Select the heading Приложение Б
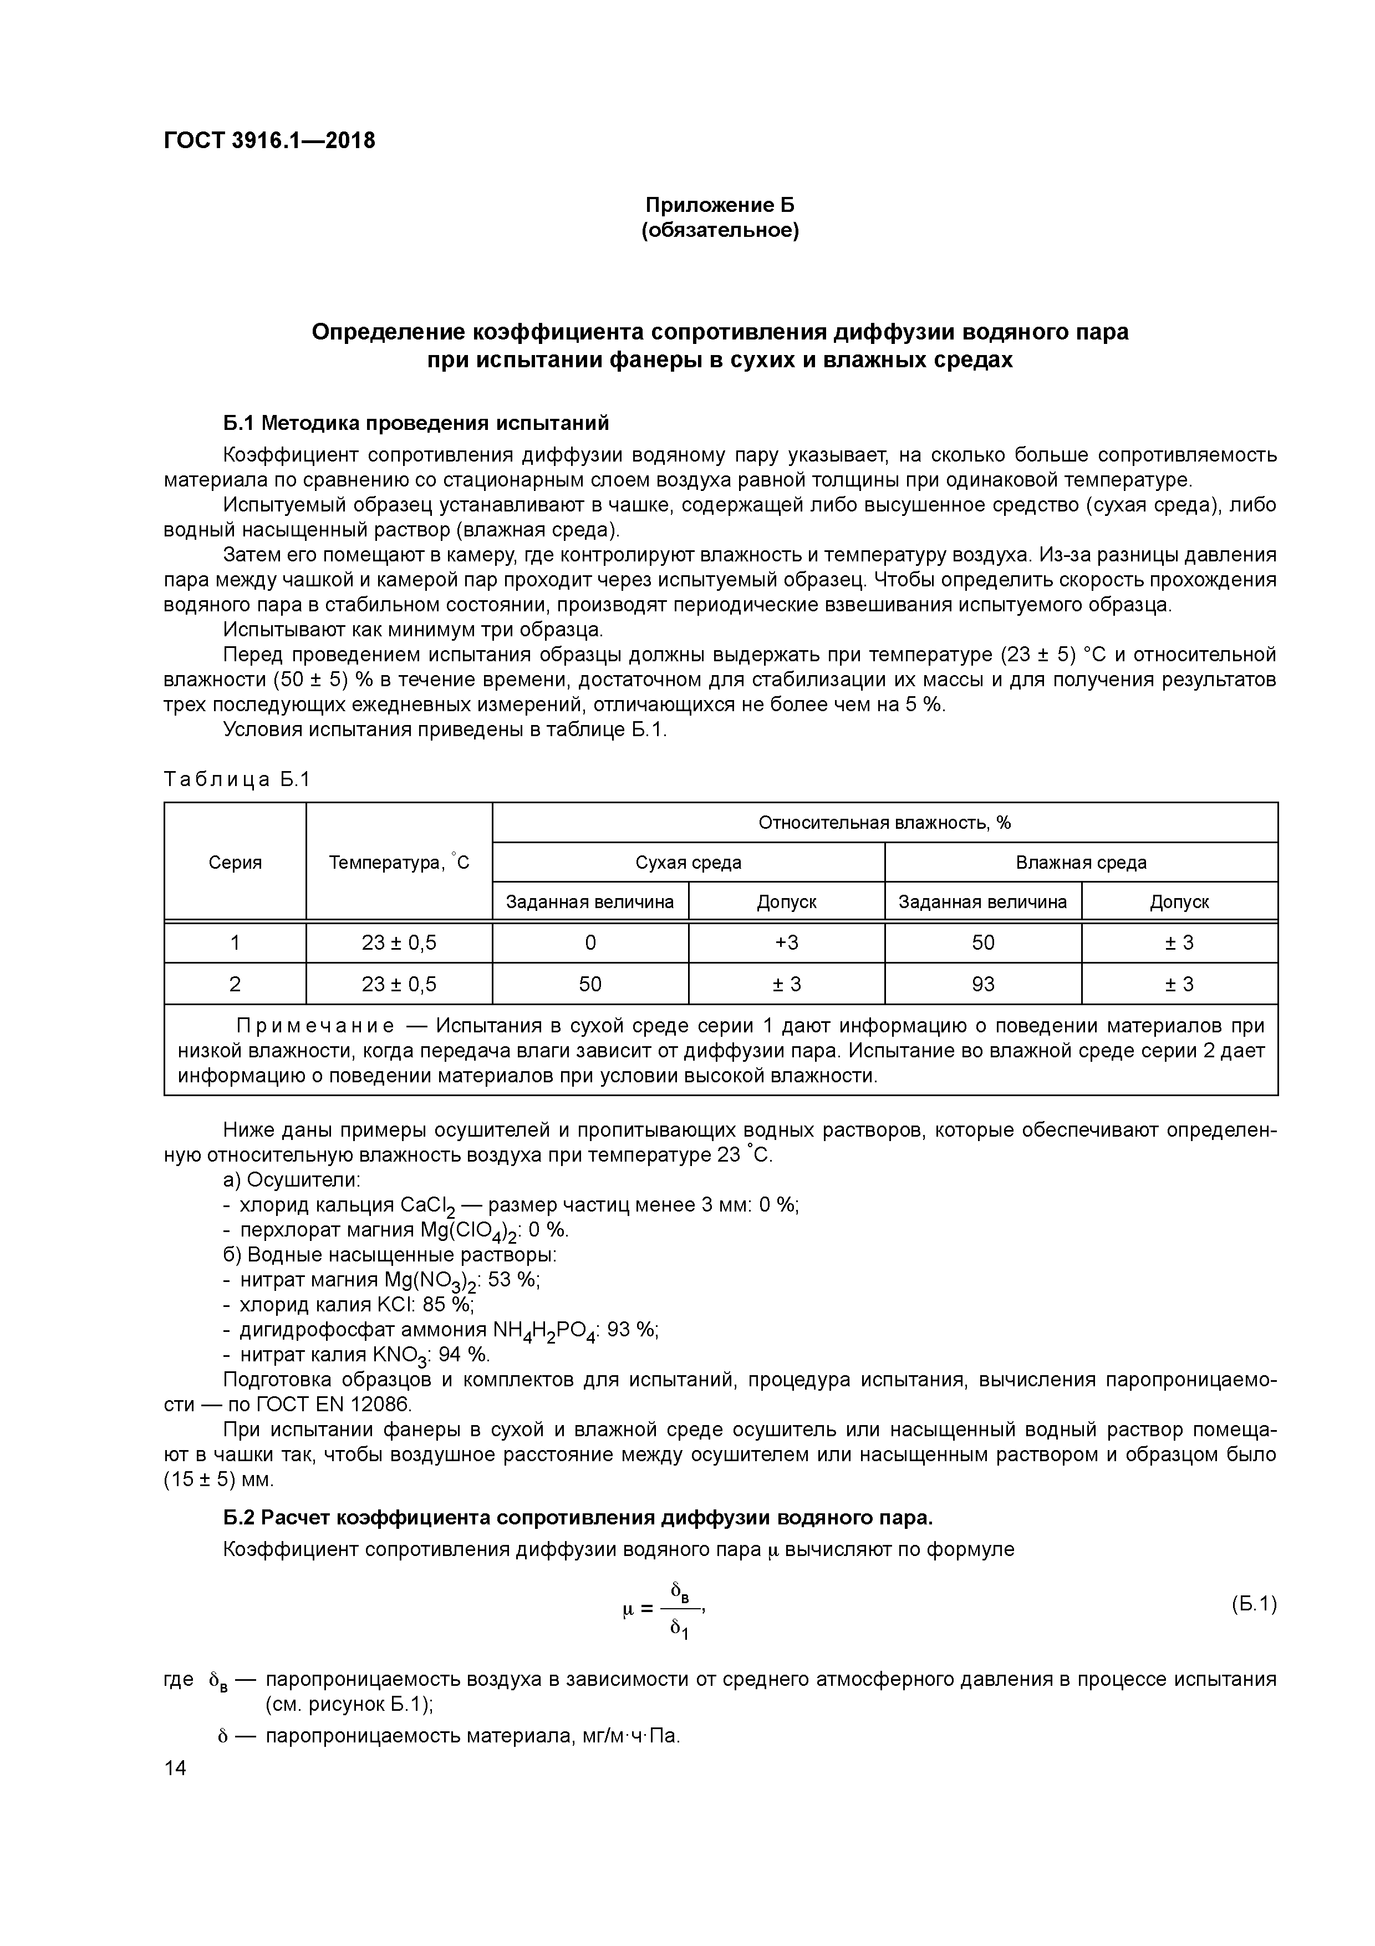(x=720, y=205)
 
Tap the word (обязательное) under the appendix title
(x=720, y=231)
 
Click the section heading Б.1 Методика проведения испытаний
(x=416, y=422)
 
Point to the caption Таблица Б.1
(x=237, y=779)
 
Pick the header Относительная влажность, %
(x=884, y=822)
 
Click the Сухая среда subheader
(x=688, y=862)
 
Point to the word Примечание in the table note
(x=315, y=1026)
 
